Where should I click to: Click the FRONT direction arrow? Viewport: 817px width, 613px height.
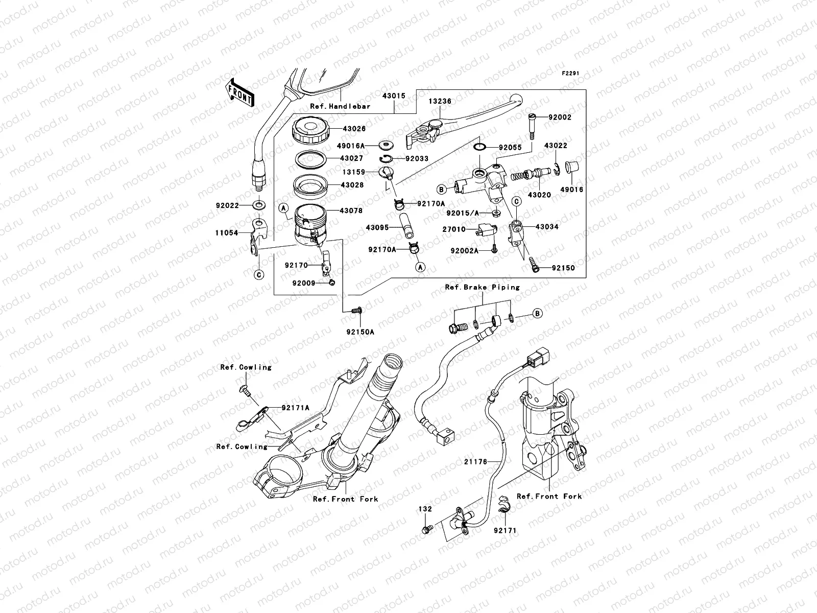tap(240, 92)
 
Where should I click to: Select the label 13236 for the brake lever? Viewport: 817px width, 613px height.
tap(440, 102)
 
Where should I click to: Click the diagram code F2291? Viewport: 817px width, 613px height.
tap(572, 74)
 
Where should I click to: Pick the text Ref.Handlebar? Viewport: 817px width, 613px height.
tap(340, 107)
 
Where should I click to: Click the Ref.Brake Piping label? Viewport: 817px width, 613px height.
tap(482, 287)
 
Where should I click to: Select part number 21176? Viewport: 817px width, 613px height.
tap(475, 461)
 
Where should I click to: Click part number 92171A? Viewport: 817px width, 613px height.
tap(296, 408)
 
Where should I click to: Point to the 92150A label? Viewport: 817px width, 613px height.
tap(361, 332)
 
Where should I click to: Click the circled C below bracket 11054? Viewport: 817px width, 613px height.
tap(259, 275)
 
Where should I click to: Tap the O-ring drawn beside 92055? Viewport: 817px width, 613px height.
tap(479, 148)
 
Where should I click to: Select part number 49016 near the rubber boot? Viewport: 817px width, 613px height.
tap(571, 190)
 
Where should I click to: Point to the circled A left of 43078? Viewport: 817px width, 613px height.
tap(282, 207)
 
